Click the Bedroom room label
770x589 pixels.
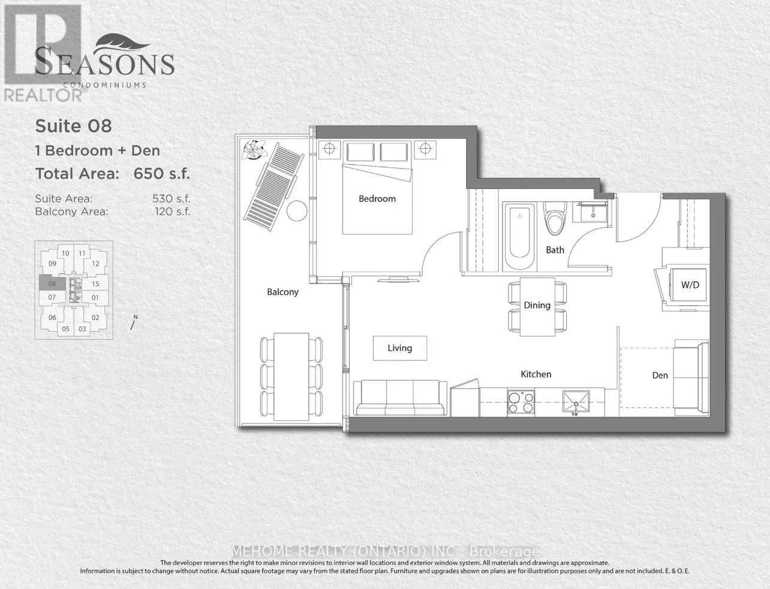pyautogui.click(x=377, y=199)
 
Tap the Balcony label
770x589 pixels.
pyautogui.click(x=282, y=292)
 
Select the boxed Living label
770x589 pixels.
pyautogui.click(x=400, y=348)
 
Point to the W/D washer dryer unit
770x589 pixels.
pyautogui.click(x=690, y=285)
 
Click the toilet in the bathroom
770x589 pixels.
pyautogui.click(x=553, y=219)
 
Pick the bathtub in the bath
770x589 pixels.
pyautogui.click(x=519, y=238)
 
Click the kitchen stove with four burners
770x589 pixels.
pyautogui.click(x=521, y=401)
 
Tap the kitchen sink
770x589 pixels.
pyautogui.click(x=575, y=402)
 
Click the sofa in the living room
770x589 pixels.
pyautogui.click(x=400, y=398)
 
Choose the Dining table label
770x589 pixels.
pyautogui.click(x=537, y=305)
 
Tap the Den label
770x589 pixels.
pyautogui.click(x=660, y=375)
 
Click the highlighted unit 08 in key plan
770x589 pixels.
pyautogui.click(x=52, y=283)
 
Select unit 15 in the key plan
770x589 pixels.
pyautogui.click(x=95, y=284)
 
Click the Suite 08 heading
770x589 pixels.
pyautogui.click(x=73, y=126)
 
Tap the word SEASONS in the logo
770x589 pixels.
pyautogui.click(x=104, y=63)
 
